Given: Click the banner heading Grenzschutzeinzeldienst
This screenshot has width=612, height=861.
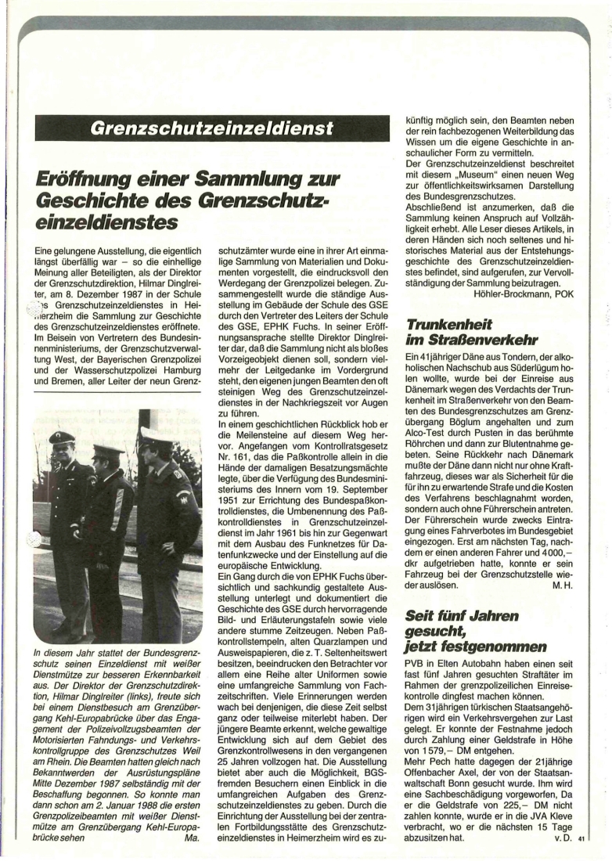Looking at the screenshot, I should pyautogui.click(x=212, y=128).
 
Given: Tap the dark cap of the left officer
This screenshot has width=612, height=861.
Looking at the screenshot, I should pyautogui.click(x=62, y=438).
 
